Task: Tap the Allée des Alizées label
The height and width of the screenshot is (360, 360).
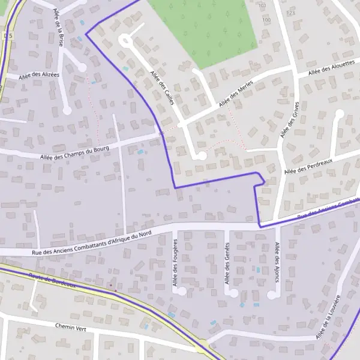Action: coord(39,75)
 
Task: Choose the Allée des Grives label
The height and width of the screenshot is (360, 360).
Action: coord(289,121)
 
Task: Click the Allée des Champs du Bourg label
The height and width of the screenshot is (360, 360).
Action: coord(76,152)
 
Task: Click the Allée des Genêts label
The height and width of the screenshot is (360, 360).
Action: coord(227,263)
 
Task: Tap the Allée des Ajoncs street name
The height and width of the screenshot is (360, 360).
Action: coord(277,262)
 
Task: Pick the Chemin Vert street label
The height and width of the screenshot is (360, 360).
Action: coord(71,327)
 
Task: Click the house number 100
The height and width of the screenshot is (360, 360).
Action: coord(266,20)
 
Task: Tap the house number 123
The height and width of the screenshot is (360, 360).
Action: coord(292,13)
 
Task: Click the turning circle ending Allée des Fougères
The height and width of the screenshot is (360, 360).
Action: coord(182,291)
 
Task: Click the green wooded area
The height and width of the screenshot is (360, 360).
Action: coord(204,27)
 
